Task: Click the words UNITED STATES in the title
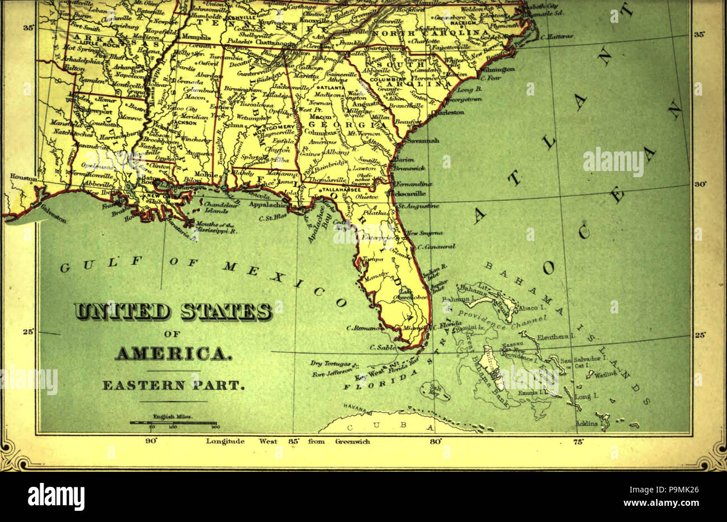click(x=173, y=311)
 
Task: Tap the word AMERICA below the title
click(x=173, y=354)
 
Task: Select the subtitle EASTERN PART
click(x=173, y=385)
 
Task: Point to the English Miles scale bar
click(x=173, y=423)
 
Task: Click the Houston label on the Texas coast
click(x=23, y=177)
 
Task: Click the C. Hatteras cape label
click(x=557, y=36)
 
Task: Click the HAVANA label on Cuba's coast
click(x=355, y=408)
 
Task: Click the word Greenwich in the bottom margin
click(x=352, y=442)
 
